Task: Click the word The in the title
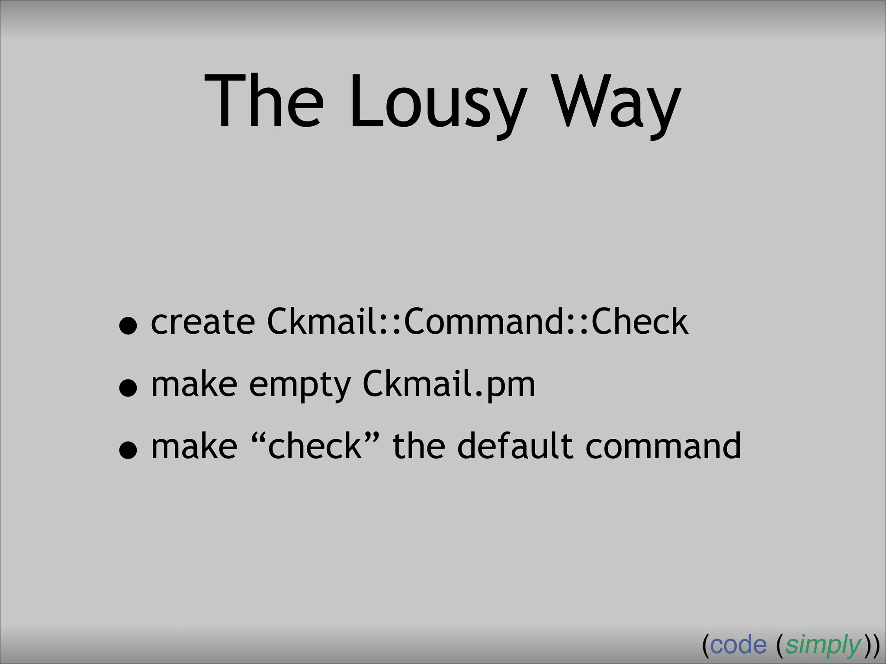point(264,102)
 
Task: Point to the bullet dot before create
point(128,326)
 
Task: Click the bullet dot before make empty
point(128,388)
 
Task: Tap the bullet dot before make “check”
point(128,450)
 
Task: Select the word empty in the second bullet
point(300,386)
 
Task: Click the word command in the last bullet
point(663,447)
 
